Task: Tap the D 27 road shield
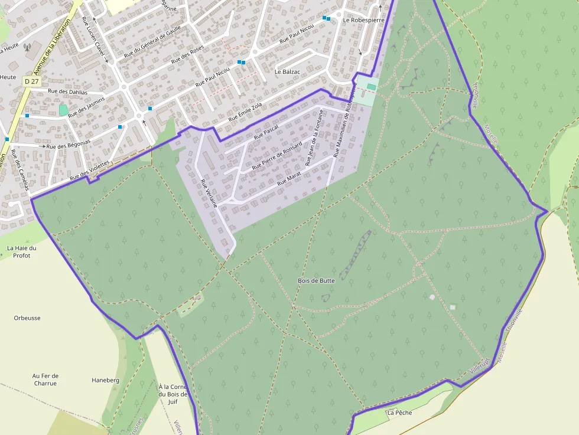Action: coord(32,80)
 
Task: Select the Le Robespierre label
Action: coord(363,20)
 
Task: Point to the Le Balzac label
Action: coord(288,72)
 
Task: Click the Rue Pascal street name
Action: coord(266,133)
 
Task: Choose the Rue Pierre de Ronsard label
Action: coord(277,156)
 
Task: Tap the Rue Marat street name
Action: coord(289,176)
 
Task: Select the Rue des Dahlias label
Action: coord(67,92)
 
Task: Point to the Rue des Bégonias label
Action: coord(68,145)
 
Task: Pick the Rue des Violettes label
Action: coord(90,171)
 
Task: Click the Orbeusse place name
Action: coord(27,318)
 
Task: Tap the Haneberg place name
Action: coord(105,380)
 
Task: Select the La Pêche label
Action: coord(399,413)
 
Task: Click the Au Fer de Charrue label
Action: coord(45,379)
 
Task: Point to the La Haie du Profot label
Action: coord(22,251)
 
